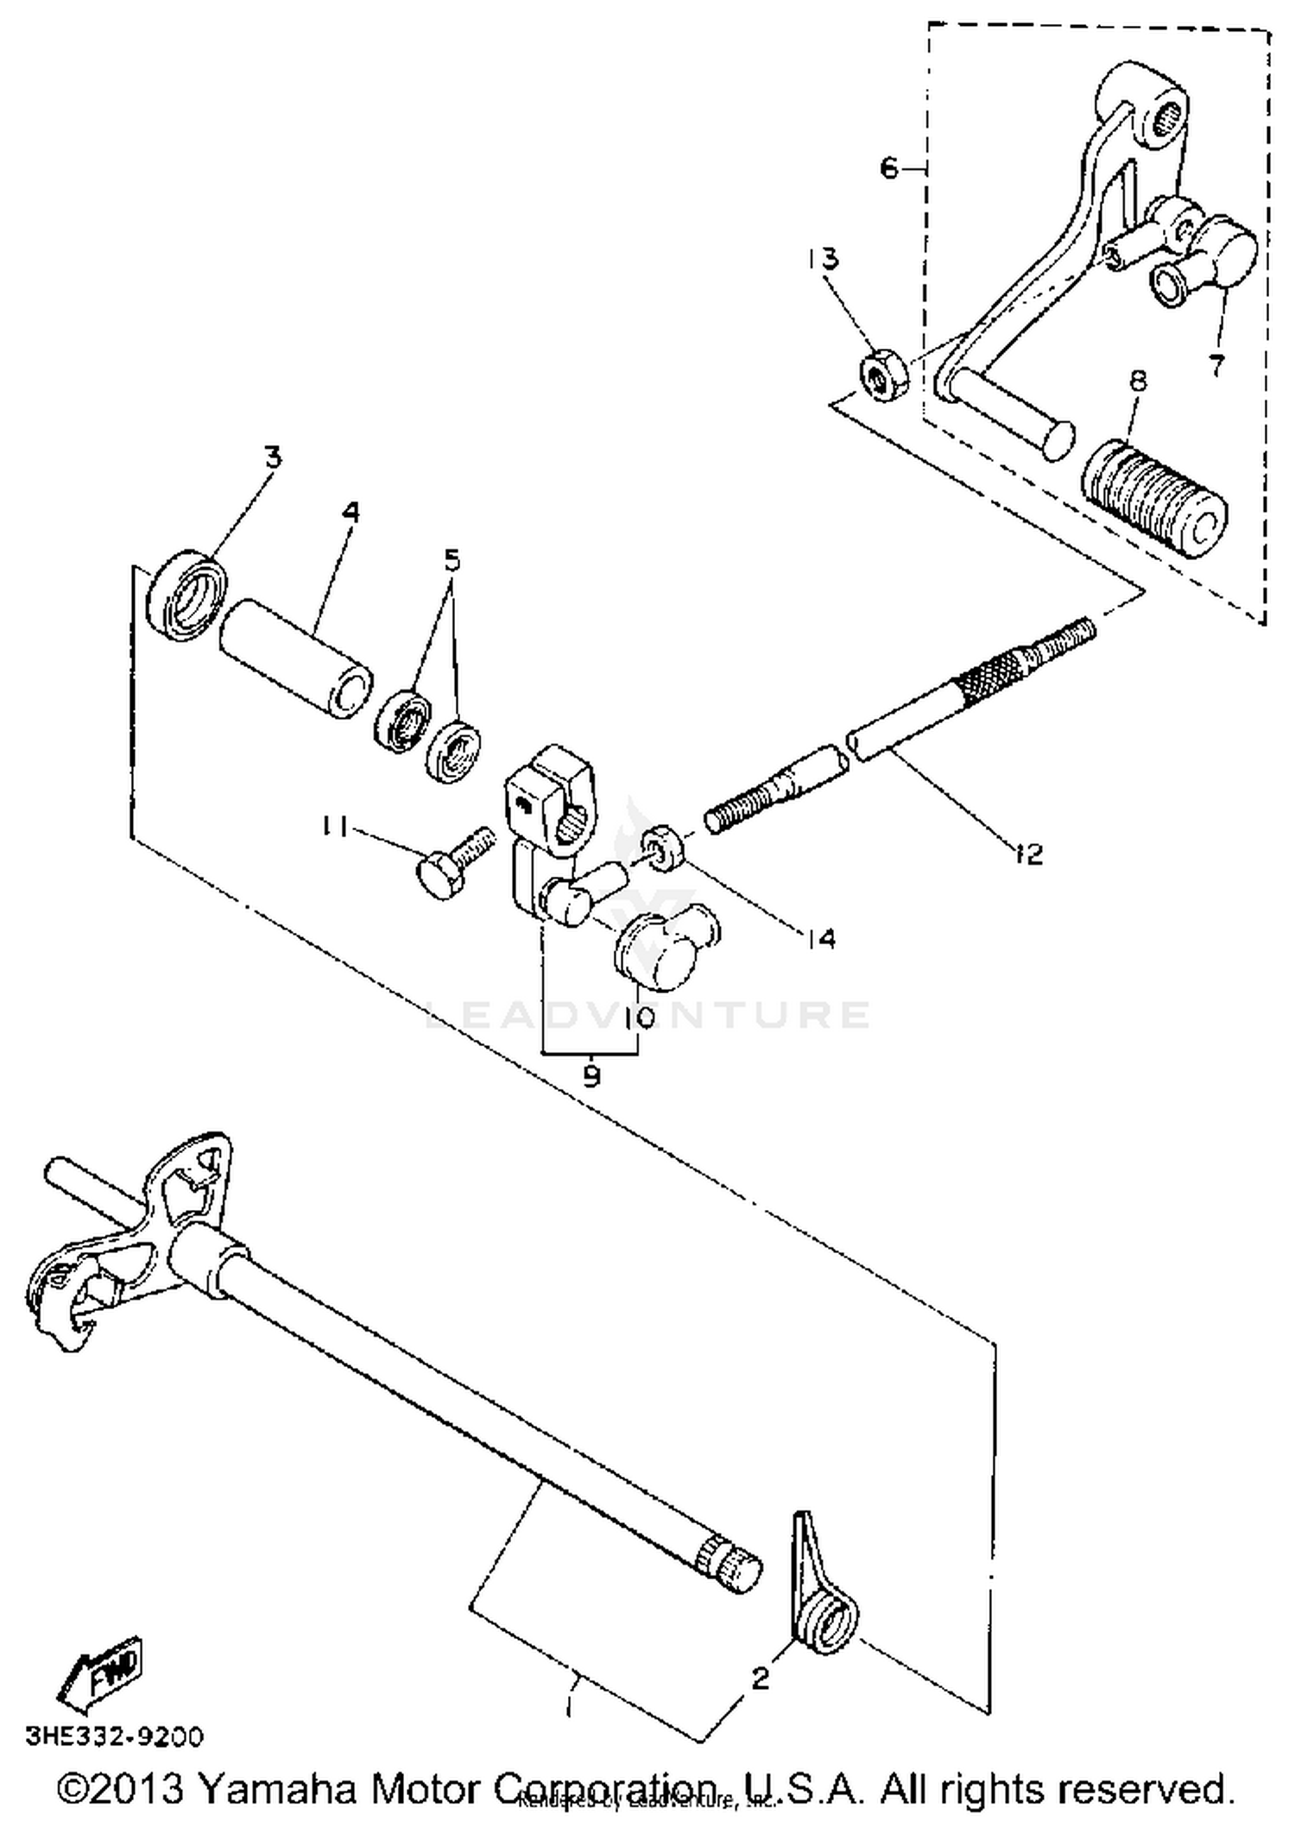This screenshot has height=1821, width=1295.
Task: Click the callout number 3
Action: (x=273, y=457)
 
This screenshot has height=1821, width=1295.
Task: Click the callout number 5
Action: (x=452, y=561)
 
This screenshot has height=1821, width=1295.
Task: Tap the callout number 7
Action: (x=1216, y=365)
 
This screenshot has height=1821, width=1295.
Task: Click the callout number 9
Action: (x=591, y=1076)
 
